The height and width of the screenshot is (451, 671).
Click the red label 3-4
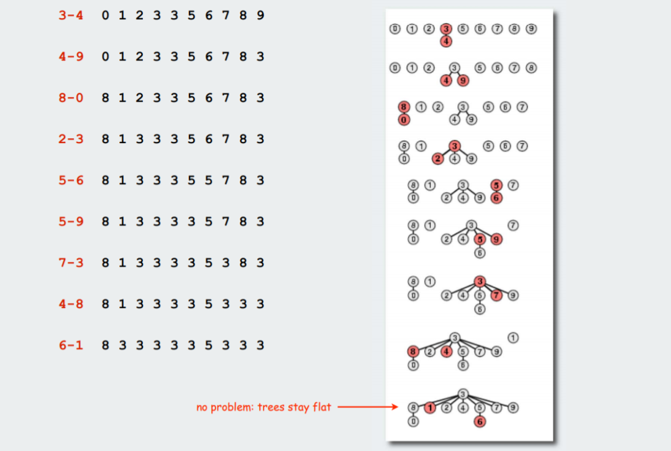71,16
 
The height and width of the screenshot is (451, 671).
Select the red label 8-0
71,98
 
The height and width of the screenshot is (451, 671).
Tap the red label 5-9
71,222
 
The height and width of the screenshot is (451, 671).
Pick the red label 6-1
71,345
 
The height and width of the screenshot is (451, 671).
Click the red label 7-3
71,263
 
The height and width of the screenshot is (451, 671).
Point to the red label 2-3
71,139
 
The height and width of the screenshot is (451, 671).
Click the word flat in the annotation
322,406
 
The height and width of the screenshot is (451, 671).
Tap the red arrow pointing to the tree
368,407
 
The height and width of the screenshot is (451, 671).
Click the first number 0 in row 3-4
105,16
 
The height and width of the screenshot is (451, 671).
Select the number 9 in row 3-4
260,16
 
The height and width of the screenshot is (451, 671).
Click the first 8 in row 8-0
105,98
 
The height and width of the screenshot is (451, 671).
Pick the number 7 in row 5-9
226,222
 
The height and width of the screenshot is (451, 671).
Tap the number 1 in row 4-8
122,304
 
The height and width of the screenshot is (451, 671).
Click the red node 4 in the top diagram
446,42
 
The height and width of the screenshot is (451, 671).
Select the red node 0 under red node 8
404,120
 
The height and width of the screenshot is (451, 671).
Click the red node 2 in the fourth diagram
437,159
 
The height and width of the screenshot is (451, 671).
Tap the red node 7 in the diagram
496,295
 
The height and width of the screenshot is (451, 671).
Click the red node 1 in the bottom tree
430,407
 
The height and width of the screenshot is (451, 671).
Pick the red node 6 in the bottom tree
480,421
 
